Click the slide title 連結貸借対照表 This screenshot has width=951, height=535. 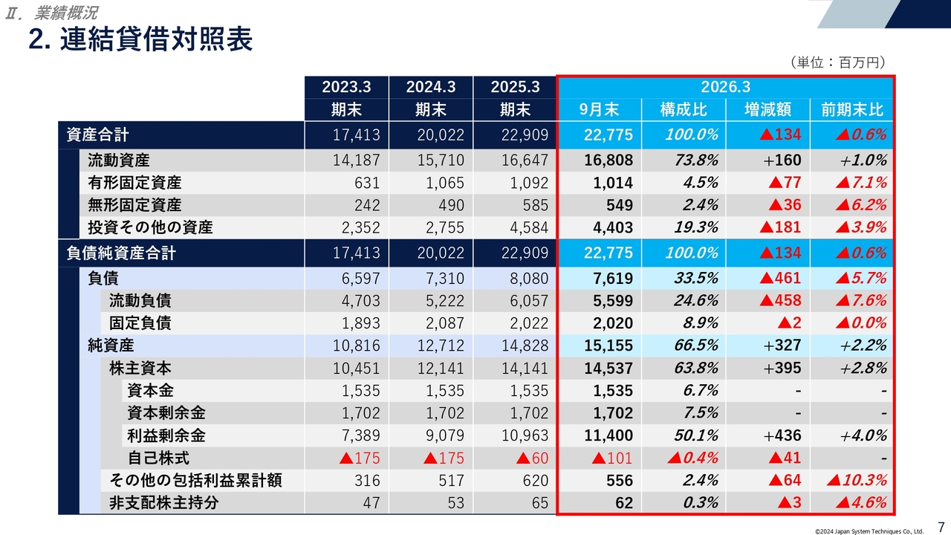(x=140, y=39)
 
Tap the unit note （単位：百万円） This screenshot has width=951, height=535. (x=837, y=63)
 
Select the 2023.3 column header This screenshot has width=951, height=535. (x=345, y=87)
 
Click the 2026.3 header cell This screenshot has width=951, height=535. (x=725, y=87)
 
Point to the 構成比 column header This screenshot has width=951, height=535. (x=684, y=110)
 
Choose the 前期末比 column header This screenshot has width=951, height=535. (x=852, y=110)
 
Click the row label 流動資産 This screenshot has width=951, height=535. (x=119, y=160)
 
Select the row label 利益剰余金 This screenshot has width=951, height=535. (x=166, y=435)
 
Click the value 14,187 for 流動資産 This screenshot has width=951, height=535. (x=357, y=160)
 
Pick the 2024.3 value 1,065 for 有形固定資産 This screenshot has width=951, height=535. (x=446, y=183)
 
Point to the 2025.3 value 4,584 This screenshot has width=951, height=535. (x=525, y=227)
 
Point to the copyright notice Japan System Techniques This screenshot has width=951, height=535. (x=869, y=531)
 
